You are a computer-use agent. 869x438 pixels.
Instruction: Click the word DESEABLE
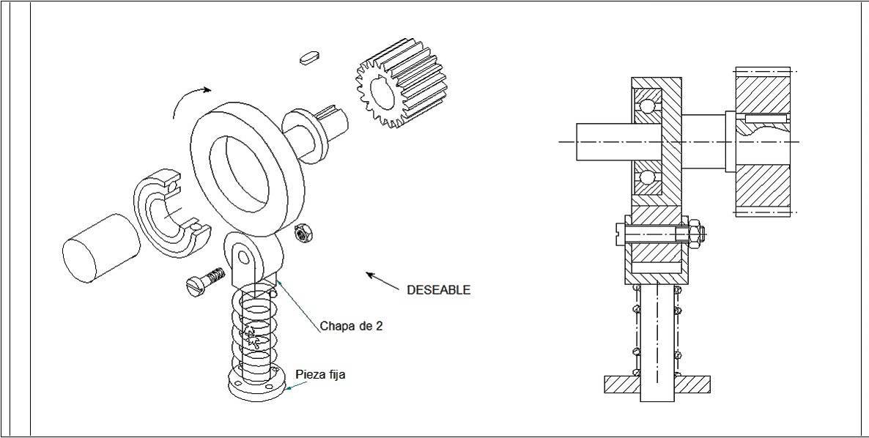[x=438, y=289]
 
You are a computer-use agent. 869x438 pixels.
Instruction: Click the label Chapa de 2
[x=351, y=326]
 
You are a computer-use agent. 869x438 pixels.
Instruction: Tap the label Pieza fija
[x=320, y=374]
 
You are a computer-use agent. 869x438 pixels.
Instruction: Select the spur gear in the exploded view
[x=401, y=83]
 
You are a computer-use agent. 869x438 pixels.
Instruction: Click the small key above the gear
[x=310, y=57]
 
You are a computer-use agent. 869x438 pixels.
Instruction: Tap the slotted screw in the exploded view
[x=204, y=281]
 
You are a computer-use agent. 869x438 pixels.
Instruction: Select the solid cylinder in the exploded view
[x=101, y=248]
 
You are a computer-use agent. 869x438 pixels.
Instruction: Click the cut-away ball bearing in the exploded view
[x=171, y=212]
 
